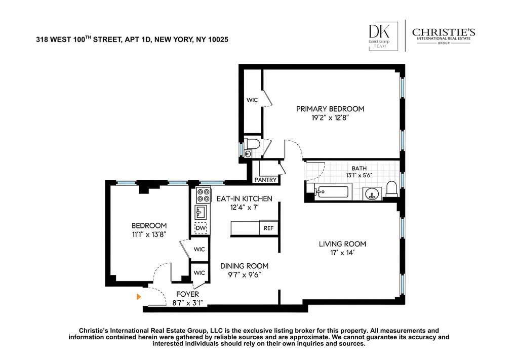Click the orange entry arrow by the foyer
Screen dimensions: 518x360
139,297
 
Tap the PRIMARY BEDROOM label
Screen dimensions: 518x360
330,109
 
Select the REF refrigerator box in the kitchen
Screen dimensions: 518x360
268,228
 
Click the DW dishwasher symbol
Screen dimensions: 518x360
201,228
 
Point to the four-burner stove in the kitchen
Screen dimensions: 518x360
204,195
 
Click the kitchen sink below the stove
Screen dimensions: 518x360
201,212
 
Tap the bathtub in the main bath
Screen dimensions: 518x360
331,192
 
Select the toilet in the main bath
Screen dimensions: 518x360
391,189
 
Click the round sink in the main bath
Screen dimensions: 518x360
372,194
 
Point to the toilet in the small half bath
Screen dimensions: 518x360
253,143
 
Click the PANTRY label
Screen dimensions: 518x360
265,180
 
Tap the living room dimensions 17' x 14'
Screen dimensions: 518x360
342,253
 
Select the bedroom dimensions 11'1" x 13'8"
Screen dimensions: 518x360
149,234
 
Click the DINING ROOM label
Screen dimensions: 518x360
244,266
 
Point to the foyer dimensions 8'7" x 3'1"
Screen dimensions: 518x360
187,303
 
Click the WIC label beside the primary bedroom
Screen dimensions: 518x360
252,100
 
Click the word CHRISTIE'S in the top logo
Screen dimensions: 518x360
444,32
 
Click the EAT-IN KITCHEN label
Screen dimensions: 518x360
245,198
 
